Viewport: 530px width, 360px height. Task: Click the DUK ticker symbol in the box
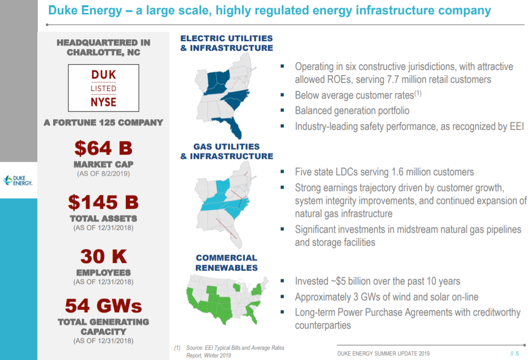point(103,75)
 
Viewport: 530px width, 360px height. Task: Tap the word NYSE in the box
point(103,101)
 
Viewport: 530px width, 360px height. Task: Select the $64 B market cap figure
point(103,149)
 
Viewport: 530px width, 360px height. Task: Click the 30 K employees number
point(103,257)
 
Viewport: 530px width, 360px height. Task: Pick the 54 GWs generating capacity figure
point(103,305)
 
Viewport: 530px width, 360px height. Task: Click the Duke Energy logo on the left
point(18,180)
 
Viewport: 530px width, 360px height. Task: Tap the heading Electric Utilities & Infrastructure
point(227,43)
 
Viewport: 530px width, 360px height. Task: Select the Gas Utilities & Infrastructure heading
point(227,151)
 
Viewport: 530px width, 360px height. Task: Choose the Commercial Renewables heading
point(227,263)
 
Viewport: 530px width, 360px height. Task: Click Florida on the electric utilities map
point(234,126)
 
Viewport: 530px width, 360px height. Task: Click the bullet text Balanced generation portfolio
point(352,111)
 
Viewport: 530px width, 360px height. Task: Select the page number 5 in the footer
point(517,353)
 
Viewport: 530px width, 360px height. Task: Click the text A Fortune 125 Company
point(103,123)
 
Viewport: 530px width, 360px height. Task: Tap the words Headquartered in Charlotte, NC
point(103,47)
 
